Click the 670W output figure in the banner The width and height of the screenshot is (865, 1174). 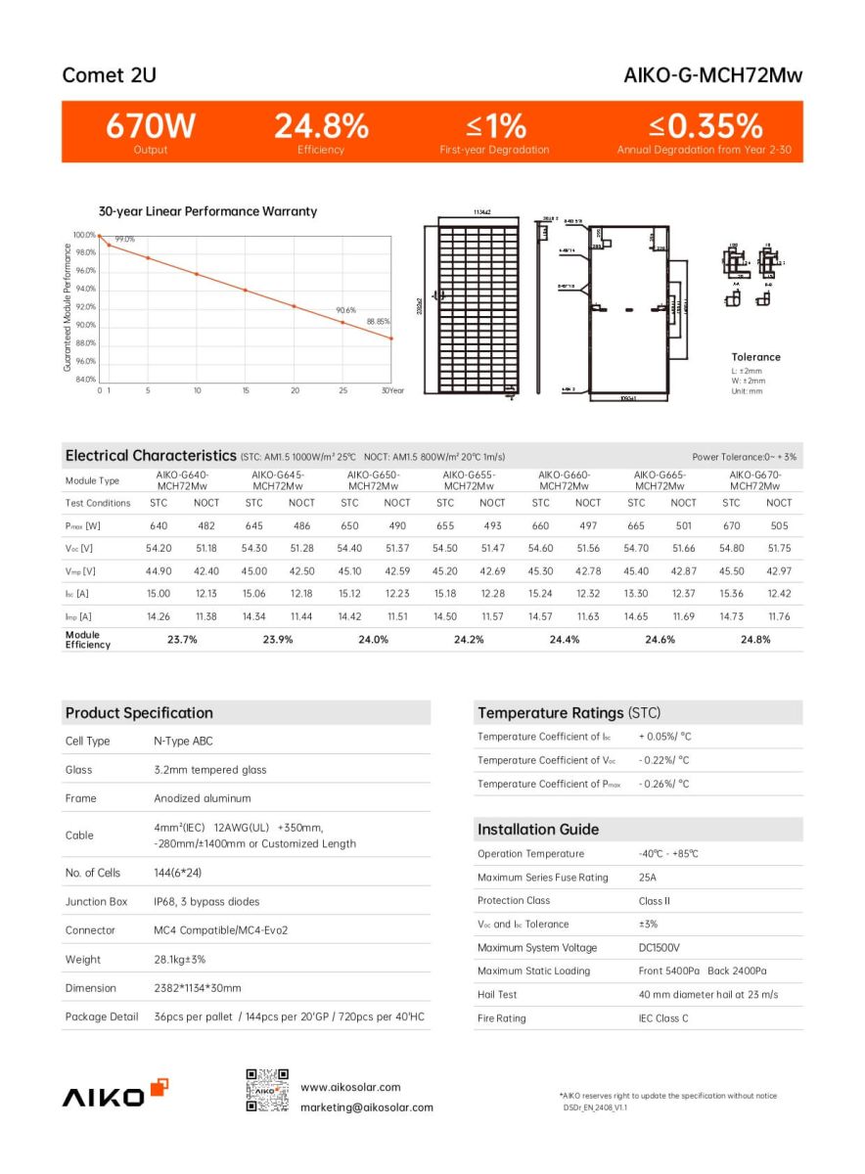[151, 126]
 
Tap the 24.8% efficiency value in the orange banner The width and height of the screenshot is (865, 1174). [321, 126]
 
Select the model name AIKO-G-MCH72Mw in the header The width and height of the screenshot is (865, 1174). [712, 75]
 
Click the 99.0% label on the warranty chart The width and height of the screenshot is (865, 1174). [124, 240]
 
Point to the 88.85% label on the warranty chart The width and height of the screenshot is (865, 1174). [378, 321]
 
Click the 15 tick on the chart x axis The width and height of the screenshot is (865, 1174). [246, 390]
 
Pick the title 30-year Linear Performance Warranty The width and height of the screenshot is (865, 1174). [207, 211]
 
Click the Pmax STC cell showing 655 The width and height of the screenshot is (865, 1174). [445, 526]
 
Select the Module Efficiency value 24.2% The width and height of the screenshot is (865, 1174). [468, 640]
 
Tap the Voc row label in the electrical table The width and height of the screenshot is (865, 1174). [79, 549]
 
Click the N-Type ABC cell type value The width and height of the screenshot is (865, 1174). [183, 742]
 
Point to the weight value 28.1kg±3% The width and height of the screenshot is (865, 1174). [180, 960]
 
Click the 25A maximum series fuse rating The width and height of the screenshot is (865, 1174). [647, 878]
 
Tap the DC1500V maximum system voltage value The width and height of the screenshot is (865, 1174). [659, 948]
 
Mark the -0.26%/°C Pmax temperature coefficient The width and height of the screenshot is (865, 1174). [663, 784]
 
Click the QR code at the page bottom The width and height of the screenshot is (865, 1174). [267, 1091]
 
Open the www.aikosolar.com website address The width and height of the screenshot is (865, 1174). [350, 1087]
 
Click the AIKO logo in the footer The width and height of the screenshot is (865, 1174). [115, 1095]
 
